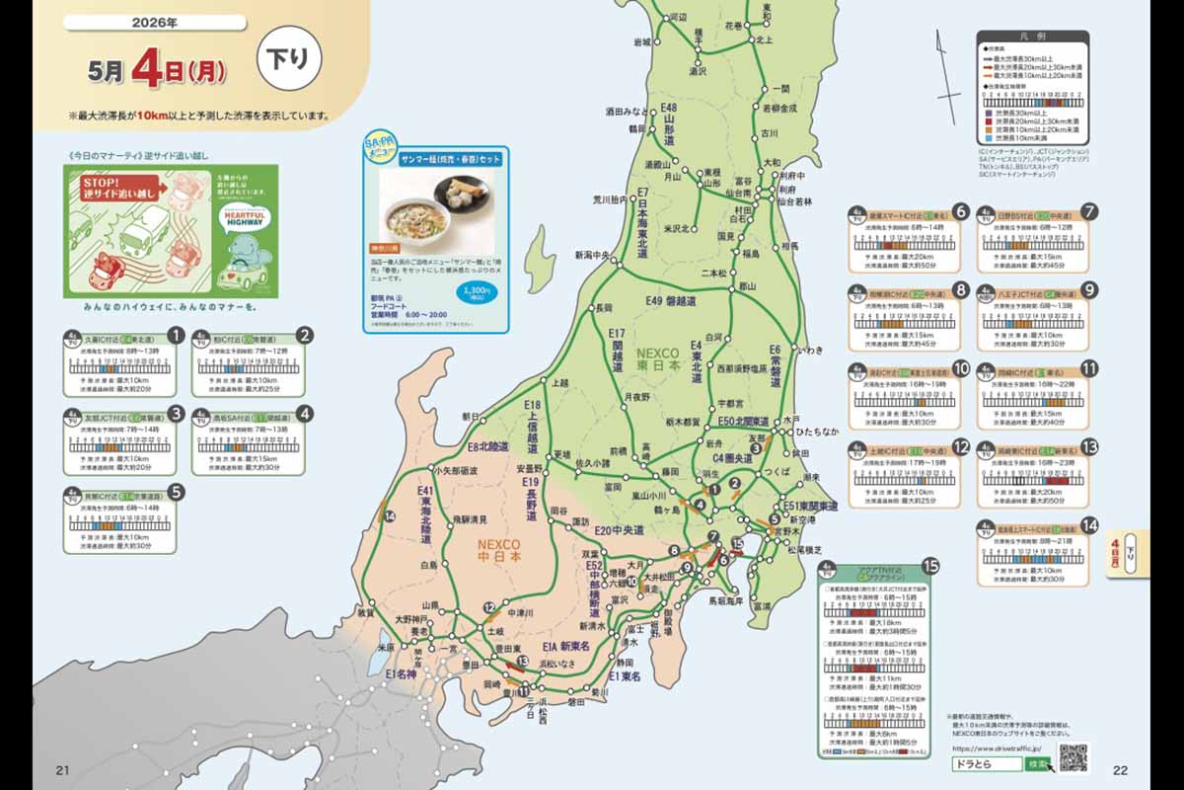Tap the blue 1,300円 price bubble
(x=477, y=295)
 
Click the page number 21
(x=61, y=770)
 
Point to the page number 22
(x=1120, y=770)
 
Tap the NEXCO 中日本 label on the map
(x=499, y=549)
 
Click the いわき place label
(x=809, y=350)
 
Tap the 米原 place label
(x=386, y=648)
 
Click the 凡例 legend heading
(x=1032, y=37)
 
